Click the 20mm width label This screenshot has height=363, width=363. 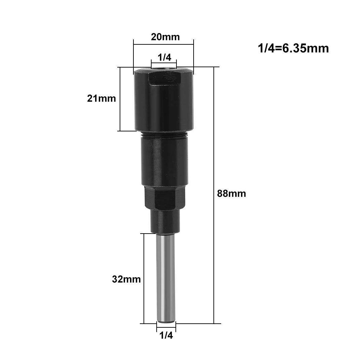point(165,37)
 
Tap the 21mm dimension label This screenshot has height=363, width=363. point(101,98)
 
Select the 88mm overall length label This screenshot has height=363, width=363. point(232,194)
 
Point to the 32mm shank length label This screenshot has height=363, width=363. point(126,279)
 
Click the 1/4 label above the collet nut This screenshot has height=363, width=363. point(165,57)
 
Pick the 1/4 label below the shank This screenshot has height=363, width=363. point(166,335)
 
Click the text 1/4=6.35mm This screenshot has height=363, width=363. point(293,48)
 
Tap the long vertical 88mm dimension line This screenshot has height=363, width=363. point(214,235)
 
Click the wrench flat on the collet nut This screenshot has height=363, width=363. point(161,79)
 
